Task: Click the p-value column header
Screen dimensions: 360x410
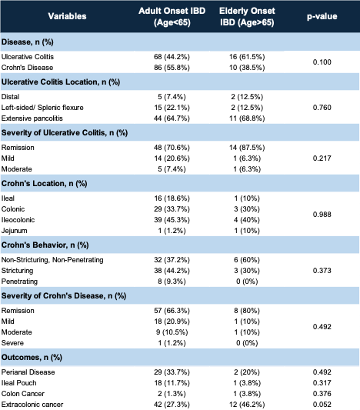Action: pos(322,16)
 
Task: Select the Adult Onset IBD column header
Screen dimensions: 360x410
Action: pos(172,16)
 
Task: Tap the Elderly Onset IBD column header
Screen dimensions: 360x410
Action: pos(247,16)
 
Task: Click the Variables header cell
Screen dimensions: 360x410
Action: pos(67,16)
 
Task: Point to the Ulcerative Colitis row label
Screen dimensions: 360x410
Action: pos(28,57)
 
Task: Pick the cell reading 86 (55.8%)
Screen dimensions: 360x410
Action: pos(172,68)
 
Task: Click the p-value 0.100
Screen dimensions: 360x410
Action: pos(322,62)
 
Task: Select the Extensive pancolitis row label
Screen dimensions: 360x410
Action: pos(32,118)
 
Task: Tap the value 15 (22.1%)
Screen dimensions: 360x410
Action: pos(172,108)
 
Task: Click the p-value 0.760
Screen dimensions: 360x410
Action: pos(322,108)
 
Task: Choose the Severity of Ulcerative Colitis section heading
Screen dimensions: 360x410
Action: pos(65,133)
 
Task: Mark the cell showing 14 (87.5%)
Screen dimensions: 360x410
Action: pos(247,148)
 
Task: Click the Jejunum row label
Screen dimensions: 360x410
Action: pos(14,231)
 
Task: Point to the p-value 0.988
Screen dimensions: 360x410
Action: pos(322,215)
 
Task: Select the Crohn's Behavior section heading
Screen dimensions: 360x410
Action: pos(45,245)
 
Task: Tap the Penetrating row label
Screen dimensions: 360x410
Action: pos(19,282)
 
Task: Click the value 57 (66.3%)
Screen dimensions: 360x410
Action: pos(172,311)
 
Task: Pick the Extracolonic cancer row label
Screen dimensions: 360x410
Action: pos(32,405)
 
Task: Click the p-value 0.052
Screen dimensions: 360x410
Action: pos(322,405)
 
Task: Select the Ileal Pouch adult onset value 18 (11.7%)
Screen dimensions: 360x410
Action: pos(172,383)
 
